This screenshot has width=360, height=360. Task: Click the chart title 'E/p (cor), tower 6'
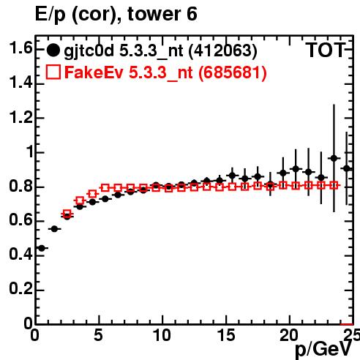click(x=116, y=14)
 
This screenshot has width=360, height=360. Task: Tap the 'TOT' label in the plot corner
click(x=326, y=50)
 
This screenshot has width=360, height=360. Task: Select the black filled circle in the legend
click(x=53, y=50)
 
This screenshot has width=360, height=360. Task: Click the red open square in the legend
click(x=53, y=72)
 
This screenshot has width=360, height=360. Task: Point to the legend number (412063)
click(x=222, y=50)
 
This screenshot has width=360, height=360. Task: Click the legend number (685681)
click(x=232, y=72)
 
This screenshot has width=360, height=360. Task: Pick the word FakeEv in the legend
click(x=94, y=72)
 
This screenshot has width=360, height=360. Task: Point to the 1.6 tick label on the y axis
click(x=20, y=48)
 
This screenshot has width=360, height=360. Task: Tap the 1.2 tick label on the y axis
click(x=20, y=118)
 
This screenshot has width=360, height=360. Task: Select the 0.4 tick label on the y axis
click(x=20, y=254)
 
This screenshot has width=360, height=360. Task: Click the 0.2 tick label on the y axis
click(x=20, y=289)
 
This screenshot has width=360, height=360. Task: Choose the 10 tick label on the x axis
click(x=162, y=335)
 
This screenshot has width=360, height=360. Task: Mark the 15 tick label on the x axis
click(x=226, y=335)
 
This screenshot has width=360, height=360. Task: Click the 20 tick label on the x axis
click(x=289, y=335)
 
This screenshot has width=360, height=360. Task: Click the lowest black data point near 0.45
click(x=42, y=248)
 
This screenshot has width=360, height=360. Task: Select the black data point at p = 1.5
click(x=54, y=229)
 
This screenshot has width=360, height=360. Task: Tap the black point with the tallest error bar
click(x=334, y=158)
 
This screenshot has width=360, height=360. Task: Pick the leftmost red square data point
click(x=67, y=214)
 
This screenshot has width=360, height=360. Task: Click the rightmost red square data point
click(x=334, y=185)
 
